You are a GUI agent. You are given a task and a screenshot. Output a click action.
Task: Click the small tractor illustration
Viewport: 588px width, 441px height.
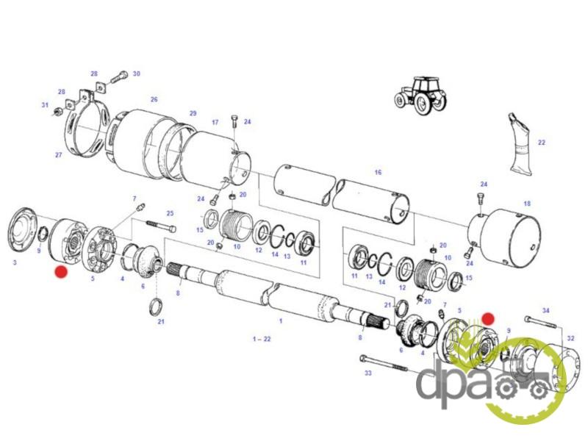420,96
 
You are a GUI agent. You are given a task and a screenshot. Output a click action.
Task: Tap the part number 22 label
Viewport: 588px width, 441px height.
542,143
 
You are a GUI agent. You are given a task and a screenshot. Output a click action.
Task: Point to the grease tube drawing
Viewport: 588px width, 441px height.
520,144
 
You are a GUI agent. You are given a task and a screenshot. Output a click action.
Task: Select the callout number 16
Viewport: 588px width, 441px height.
378,173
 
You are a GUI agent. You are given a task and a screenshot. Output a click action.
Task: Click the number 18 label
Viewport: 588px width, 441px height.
527,204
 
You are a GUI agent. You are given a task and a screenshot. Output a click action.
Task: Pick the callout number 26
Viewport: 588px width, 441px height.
154,99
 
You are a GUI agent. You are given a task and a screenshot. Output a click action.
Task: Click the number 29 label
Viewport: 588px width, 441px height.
193,113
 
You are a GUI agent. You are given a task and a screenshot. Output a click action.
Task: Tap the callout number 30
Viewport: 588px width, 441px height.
137,74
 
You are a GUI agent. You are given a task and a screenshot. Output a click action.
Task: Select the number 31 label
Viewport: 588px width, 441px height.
45,105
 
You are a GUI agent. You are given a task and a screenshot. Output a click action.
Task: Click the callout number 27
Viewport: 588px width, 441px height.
59,155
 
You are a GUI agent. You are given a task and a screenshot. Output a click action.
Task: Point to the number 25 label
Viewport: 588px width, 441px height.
171,213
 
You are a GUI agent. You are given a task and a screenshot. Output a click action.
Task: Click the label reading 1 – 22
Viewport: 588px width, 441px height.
262,339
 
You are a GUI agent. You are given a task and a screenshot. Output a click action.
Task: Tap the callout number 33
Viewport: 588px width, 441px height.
368,373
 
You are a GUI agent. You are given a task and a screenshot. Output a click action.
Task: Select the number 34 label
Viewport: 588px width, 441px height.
546,310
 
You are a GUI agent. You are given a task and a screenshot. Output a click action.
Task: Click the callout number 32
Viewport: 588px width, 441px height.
570,338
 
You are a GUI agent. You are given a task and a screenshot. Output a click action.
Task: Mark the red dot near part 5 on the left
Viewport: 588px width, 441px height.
61,272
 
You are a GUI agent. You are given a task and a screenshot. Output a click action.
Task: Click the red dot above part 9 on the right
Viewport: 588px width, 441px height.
488,319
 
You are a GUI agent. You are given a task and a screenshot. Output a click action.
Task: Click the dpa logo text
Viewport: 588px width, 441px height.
453,387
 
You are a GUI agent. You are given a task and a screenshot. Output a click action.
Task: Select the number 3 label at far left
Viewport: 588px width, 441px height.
15,262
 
